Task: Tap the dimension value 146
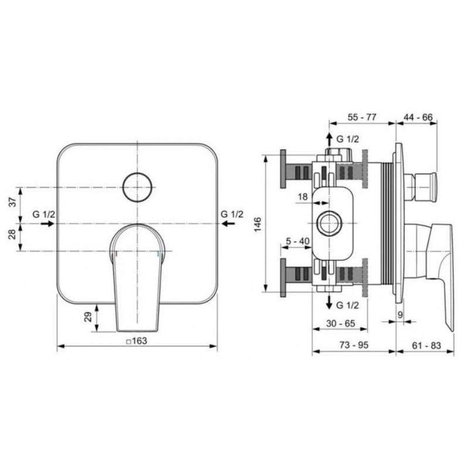click(x=257, y=224)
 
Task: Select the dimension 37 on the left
click(x=13, y=202)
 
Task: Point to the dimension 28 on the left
click(x=13, y=234)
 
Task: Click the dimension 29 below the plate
click(x=88, y=317)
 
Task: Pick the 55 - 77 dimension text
click(x=362, y=117)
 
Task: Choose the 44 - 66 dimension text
click(x=418, y=117)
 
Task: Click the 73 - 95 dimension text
click(x=354, y=345)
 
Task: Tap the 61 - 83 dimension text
click(x=427, y=345)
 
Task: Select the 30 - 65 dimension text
click(x=341, y=324)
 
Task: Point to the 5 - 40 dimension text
click(x=298, y=241)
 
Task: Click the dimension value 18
click(x=303, y=196)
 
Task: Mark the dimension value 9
click(x=400, y=315)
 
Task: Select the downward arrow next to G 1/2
click(x=329, y=301)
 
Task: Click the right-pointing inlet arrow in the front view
click(x=47, y=223)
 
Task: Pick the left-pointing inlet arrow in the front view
click(x=229, y=223)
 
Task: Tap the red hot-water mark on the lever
click(x=117, y=254)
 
